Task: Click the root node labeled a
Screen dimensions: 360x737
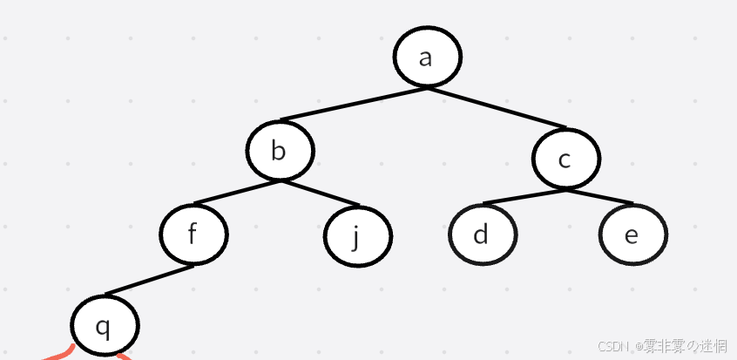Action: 426,57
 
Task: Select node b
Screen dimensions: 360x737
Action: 279,151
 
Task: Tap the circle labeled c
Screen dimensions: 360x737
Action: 565,159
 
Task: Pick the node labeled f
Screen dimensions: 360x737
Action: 193,234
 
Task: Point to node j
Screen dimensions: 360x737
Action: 356,236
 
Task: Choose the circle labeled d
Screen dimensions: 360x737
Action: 482,234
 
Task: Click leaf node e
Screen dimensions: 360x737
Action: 632,234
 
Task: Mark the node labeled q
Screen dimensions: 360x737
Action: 104,326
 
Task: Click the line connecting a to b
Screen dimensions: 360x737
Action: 353,104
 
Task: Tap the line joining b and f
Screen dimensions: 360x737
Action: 237,193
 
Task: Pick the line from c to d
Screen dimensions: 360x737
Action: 524,196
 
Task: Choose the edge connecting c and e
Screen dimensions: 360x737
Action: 598,196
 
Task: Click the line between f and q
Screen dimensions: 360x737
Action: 149,280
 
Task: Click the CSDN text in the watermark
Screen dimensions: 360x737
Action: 613,347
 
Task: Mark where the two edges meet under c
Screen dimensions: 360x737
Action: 564,188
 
